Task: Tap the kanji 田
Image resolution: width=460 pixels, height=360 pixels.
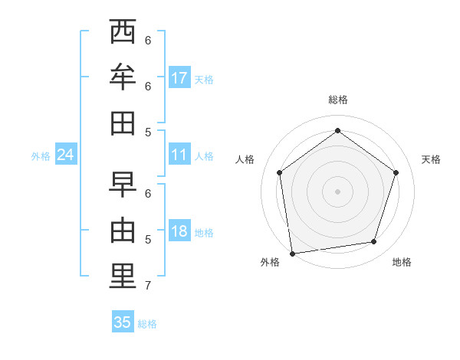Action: [x=123, y=123]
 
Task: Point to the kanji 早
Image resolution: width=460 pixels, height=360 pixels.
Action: [x=123, y=185]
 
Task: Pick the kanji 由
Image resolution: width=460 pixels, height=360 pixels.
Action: [x=123, y=230]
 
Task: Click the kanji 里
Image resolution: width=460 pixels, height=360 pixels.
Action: [x=123, y=277]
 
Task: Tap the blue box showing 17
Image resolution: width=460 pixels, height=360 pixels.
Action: [x=179, y=78]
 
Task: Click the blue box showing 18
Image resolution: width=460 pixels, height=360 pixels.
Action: [x=179, y=232]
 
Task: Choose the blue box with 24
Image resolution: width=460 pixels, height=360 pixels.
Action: [x=66, y=155]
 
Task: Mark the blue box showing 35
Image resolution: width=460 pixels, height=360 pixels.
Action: [x=123, y=322]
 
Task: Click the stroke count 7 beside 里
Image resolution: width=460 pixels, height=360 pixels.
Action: [x=148, y=286]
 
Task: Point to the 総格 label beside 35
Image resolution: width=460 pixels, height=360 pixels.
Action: [x=147, y=324]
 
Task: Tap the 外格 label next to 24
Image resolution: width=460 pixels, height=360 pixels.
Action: [x=41, y=156]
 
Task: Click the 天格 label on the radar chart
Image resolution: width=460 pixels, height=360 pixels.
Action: [x=431, y=159]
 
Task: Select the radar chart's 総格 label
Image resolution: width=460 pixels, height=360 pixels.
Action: [x=337, y=100]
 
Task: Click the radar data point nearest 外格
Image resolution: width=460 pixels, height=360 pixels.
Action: [x=292, y=253]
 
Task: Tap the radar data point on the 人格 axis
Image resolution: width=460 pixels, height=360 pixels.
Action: [x=279, y=172]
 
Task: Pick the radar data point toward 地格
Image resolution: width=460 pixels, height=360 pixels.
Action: [x=374, y=242]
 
